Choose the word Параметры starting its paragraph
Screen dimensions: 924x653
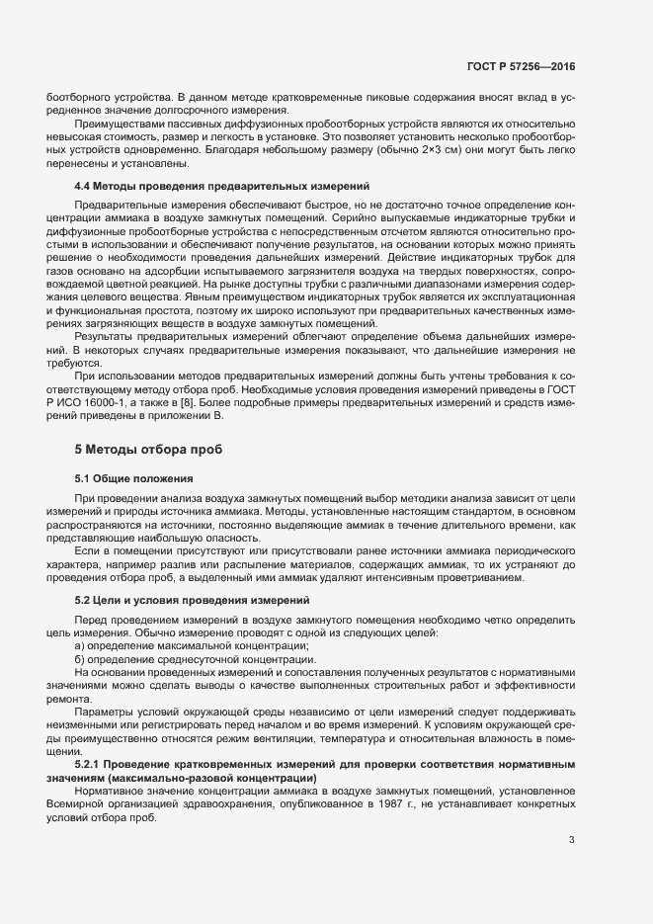tap(103, 710)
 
